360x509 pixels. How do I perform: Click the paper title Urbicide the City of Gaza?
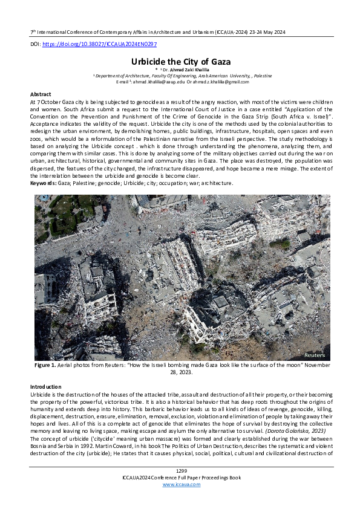[180, 62]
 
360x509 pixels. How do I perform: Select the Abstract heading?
[41, 95]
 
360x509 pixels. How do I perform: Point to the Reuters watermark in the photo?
[315, 355]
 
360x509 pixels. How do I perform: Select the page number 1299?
[180, 487]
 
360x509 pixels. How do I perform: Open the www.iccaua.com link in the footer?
[180, 501]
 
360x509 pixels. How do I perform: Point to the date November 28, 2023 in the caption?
[180, 373]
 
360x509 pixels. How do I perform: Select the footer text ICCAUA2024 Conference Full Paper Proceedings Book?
[180, 494]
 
